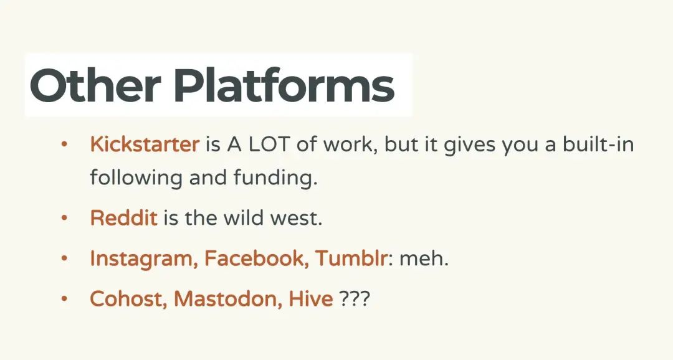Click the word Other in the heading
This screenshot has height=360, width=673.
click(95, 85)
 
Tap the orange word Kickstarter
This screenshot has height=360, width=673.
click(145, 144)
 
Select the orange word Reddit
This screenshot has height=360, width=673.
click(123, 217)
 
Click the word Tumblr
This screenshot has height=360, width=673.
click(351, 258)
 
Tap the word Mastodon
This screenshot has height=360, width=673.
click(228, 298)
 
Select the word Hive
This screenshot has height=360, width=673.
click(311, 298)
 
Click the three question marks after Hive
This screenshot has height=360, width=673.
click(354, 298)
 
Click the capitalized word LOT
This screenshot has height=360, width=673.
click(269, 144)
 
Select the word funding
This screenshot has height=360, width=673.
click(275, 178)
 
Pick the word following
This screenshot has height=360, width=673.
click(136, 178)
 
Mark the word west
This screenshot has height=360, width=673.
click(296, 219)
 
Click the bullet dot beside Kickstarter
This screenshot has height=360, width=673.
click(64, 144)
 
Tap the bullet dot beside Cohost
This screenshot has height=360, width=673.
click(64, 298)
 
